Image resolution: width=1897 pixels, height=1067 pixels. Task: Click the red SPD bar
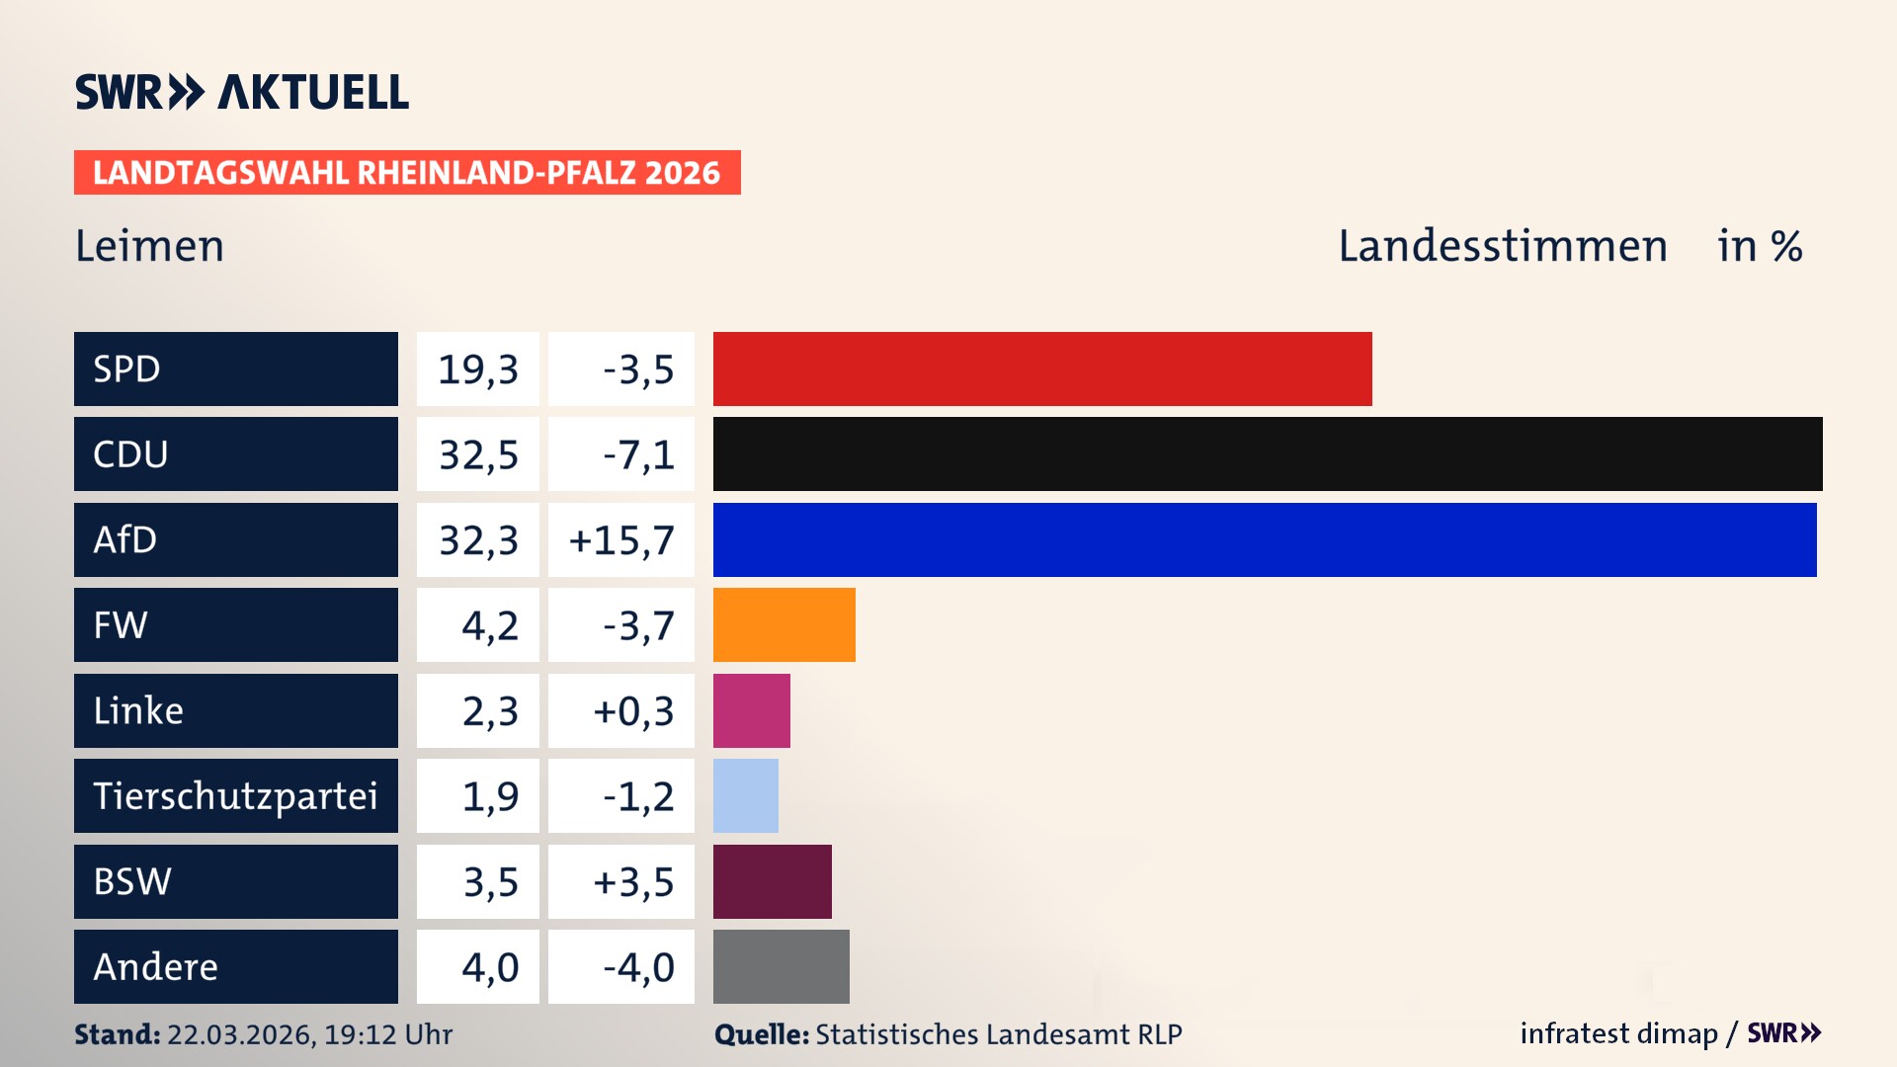click(1042, 369)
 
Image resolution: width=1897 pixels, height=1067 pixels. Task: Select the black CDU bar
click(1268, 453)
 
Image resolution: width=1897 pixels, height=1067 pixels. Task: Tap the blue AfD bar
click(1265, 539)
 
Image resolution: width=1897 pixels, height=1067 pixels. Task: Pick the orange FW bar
click(784, 624)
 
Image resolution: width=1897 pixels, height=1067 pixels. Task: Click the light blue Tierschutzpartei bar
click(746, 795)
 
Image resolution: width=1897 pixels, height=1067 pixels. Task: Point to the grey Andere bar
click(781, 966)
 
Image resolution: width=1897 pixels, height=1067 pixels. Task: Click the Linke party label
click(138, 710)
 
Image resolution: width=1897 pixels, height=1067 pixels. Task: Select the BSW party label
click(132, 881)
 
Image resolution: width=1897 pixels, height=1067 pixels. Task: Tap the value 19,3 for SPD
click(478, 369)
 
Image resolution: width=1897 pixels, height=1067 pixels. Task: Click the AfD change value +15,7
click(621, 540)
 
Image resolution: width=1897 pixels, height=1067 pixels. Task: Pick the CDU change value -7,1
click(638, 454)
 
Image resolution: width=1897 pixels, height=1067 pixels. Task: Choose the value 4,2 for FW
click(490, 625)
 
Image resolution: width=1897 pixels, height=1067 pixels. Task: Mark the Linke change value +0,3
click(633, 711)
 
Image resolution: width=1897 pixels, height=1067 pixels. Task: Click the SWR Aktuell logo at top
click(242, 92)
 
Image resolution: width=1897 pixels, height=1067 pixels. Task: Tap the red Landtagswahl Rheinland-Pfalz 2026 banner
click(407, 173)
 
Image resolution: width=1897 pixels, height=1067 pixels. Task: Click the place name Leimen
click(150, 246)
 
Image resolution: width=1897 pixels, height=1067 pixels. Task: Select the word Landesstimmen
click(1503, 246)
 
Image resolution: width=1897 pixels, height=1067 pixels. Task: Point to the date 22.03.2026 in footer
click(240, 1034)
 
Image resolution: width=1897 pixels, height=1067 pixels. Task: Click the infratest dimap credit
click(1618, 1033)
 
